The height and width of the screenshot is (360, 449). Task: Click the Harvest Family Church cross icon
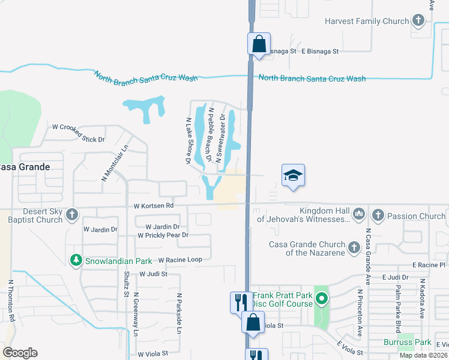(418, 21)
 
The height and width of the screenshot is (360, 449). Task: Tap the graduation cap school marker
(293, 175)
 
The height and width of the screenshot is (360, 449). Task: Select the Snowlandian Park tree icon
(76, 260)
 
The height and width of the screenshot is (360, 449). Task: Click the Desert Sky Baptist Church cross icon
(71, 214)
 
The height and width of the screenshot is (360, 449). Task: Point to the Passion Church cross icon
(378, 214)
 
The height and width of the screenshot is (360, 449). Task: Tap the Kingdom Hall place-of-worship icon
(358, 213)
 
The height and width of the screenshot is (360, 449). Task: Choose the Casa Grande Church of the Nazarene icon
(354, 247)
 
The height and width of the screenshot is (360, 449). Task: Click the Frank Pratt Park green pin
(322, 298)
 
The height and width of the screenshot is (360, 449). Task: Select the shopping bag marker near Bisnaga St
(259, 44)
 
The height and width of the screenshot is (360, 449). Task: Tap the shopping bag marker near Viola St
(253, 322)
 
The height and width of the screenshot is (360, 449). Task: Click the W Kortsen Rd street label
(153, 205)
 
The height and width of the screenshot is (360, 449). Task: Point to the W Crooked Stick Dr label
(79, 133)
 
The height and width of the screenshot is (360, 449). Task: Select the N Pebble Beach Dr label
(210, 135)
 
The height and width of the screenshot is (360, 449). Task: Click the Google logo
(20, 353)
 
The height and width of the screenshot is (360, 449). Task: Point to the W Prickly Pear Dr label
(163, 235)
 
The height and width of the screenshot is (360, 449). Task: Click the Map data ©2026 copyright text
(423, 355)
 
